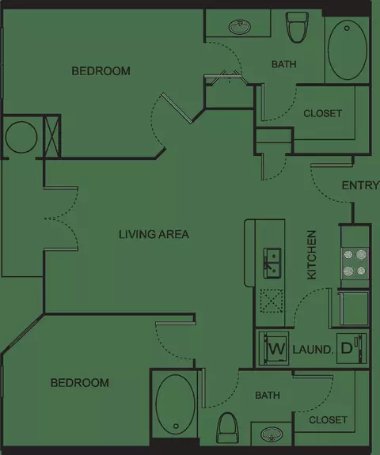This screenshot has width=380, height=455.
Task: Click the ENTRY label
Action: tap(360, 185)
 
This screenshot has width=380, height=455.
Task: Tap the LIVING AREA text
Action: tap(154, 234)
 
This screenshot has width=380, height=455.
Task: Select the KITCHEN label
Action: tap(311, 255)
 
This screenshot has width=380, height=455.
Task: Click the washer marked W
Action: tap(274, 348)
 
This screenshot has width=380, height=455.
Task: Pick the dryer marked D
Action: tap(351, 348)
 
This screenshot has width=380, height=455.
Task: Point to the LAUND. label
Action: tap(313, 350)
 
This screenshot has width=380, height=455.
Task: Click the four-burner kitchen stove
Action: tap(355, 263)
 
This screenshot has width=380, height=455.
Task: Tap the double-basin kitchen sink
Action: tap(272, 263)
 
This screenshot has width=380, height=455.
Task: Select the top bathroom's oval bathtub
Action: tap(348, 50)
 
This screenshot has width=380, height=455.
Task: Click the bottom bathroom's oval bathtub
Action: tap(175, 404)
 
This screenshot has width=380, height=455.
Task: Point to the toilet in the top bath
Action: tap(297, 27)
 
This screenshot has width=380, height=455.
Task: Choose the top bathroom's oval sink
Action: tap(240, 27)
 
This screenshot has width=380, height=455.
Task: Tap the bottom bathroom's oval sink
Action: tap(272, 434)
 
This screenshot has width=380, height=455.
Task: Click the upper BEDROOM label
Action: tap(101, 71)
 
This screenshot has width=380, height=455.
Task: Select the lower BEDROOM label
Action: tap(80, 383)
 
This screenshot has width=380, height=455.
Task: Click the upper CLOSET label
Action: tap(322, 113)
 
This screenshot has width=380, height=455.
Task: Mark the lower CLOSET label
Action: tap(328, 420)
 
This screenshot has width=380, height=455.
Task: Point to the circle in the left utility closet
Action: tap(21, 137)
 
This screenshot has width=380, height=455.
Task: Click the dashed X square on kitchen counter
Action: tap(272, 301)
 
